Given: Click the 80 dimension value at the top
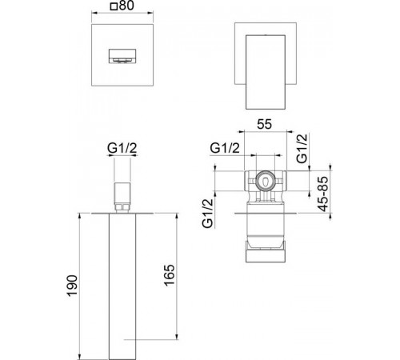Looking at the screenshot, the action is tap(126, 6).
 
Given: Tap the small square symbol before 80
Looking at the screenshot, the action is tap(114, 6).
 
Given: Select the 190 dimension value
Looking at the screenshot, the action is tap(73, 286).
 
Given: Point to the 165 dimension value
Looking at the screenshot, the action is tap(169, 275).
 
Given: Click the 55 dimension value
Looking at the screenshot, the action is tap(265, 124).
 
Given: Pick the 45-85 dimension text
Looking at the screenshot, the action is tap(323, 194).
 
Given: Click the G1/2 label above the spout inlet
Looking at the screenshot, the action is tap(122, 149).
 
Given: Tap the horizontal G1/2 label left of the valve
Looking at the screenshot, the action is tap(225, 148).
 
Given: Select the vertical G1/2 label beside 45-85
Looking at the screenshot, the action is tap(302, 148).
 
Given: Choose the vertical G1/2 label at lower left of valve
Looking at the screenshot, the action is tap(208, 214).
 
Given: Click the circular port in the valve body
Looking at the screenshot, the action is tap(265, 181).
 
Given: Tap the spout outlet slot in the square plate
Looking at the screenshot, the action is tap(122, 56).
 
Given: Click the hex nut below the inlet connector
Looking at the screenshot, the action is tap(122, 207).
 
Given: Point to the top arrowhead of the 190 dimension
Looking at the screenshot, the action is tap(79, 215).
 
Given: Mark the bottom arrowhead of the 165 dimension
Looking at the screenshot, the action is tap(177, 337).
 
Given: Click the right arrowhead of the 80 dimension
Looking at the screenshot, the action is tap(150, 12).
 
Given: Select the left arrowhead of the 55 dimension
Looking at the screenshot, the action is tap(242, 131).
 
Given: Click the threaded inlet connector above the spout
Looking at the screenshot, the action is tap(122, 193).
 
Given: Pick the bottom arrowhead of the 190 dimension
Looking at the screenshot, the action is tap(79, 357).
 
